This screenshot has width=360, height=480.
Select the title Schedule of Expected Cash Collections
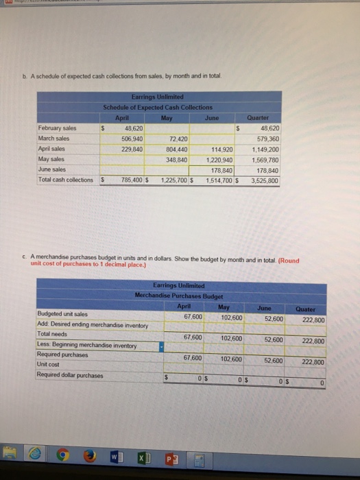(x=158, y=107)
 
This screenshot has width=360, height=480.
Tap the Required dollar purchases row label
(x=70, y=375)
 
